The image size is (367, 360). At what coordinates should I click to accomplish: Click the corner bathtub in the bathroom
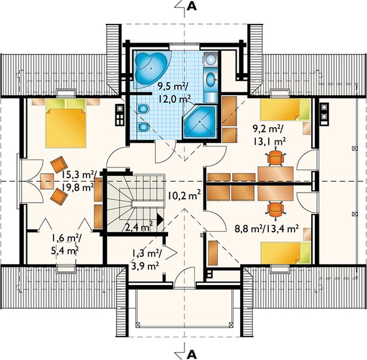pos(152,69)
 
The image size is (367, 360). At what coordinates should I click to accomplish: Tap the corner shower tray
pos(199,122)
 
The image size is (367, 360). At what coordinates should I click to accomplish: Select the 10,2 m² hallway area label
pos(184,195)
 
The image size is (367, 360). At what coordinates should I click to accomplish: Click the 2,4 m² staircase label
pos(139,226)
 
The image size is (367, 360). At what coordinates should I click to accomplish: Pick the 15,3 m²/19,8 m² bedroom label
pos(77,181)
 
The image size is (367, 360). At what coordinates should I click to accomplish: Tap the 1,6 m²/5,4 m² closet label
pos(65,244)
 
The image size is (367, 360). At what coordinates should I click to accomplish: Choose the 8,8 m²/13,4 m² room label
pos(267,229)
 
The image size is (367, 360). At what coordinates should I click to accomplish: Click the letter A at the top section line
pos(192,7)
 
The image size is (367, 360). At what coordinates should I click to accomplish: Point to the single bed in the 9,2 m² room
pos(285,110)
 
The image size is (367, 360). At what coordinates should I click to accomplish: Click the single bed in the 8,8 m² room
pos(285,253)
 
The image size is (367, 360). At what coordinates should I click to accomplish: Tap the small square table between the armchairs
pos(47,181)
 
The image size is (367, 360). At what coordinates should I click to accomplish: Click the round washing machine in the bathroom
pos(211,59)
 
